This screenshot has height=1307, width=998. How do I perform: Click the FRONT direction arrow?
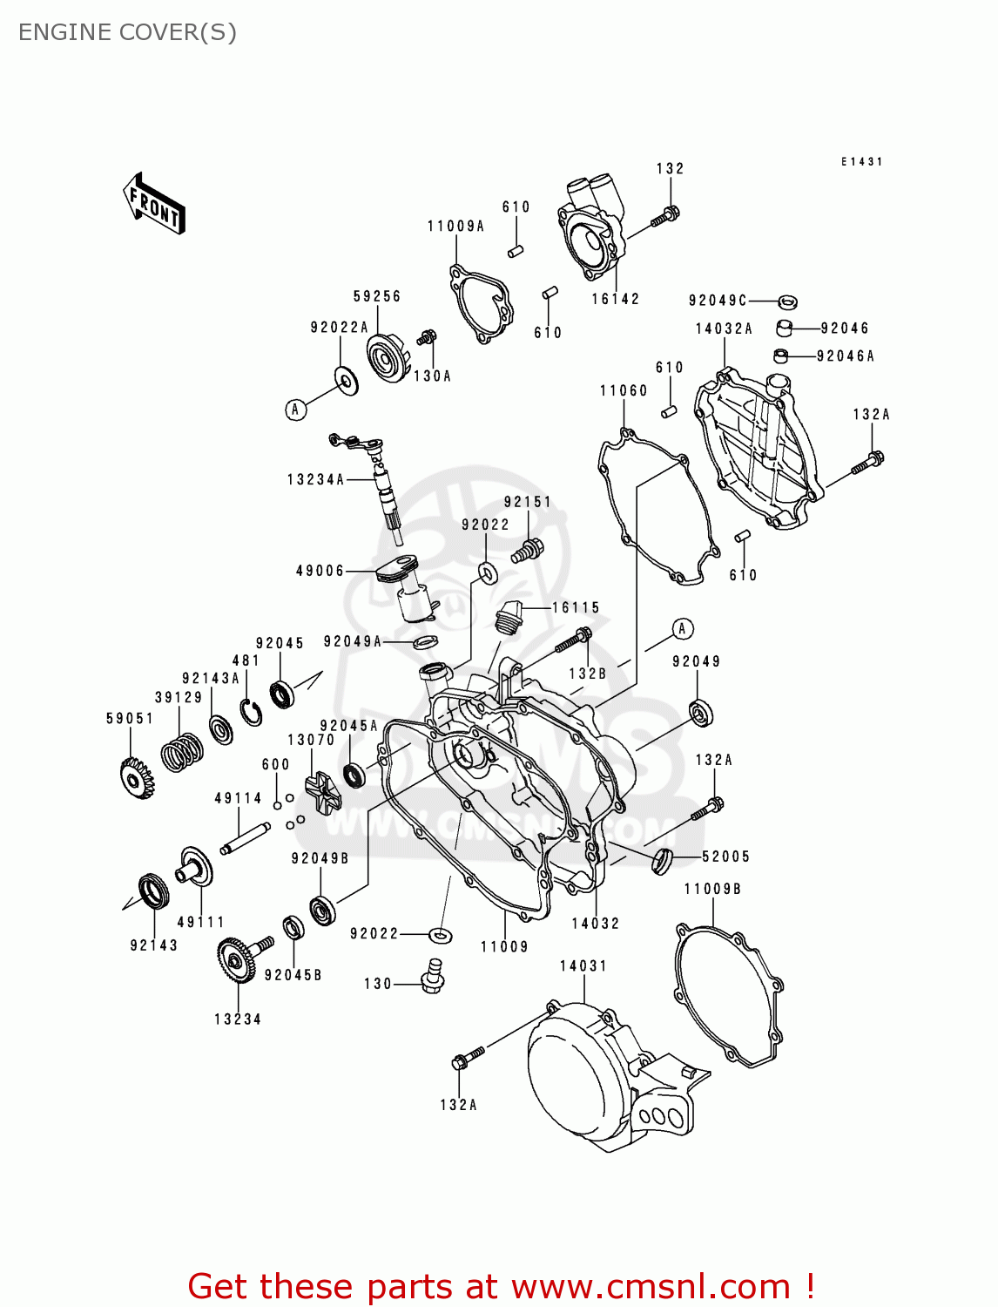pos(155,204)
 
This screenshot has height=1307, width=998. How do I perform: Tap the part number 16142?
pos(615,299)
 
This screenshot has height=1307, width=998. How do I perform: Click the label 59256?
pos(377,296)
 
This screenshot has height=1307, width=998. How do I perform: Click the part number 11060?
pos(624,390)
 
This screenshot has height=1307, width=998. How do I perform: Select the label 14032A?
pos(724,328)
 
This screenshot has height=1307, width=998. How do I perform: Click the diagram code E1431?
pos(861,162)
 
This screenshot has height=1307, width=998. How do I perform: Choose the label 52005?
pos(725,857)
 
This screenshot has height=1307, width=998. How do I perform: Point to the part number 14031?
pos(583,965)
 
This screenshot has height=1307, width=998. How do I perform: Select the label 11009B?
pos(712,889)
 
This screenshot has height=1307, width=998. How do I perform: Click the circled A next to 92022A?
pos(296,410)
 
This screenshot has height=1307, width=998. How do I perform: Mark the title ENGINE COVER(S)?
pos(127,32)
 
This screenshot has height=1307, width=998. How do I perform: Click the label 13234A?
pos(315,479)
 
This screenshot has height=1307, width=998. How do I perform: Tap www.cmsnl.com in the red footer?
pos(651,1286)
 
